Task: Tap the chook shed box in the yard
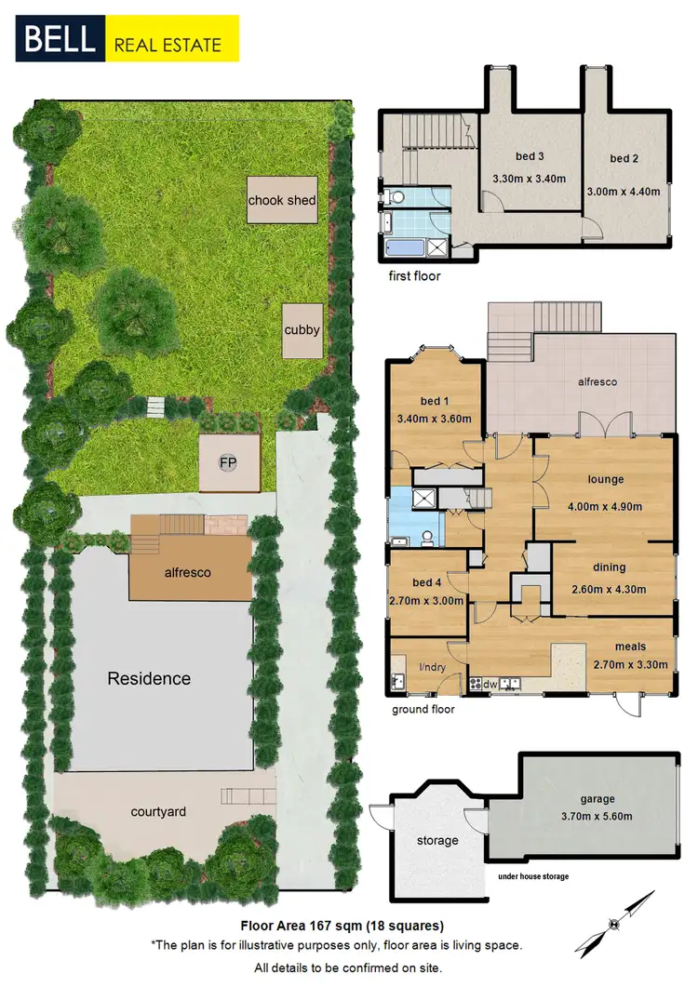[282, 199]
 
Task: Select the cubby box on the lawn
[303, 329]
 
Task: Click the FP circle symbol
[226, 462]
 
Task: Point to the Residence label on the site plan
[149, 678]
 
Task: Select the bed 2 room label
[624, 159]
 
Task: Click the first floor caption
[415, 276]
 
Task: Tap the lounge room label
[605, 480]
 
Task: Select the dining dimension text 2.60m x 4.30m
[610, 587]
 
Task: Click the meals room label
[630, 647]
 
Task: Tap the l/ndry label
[433, 666]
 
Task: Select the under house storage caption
[533, 876]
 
